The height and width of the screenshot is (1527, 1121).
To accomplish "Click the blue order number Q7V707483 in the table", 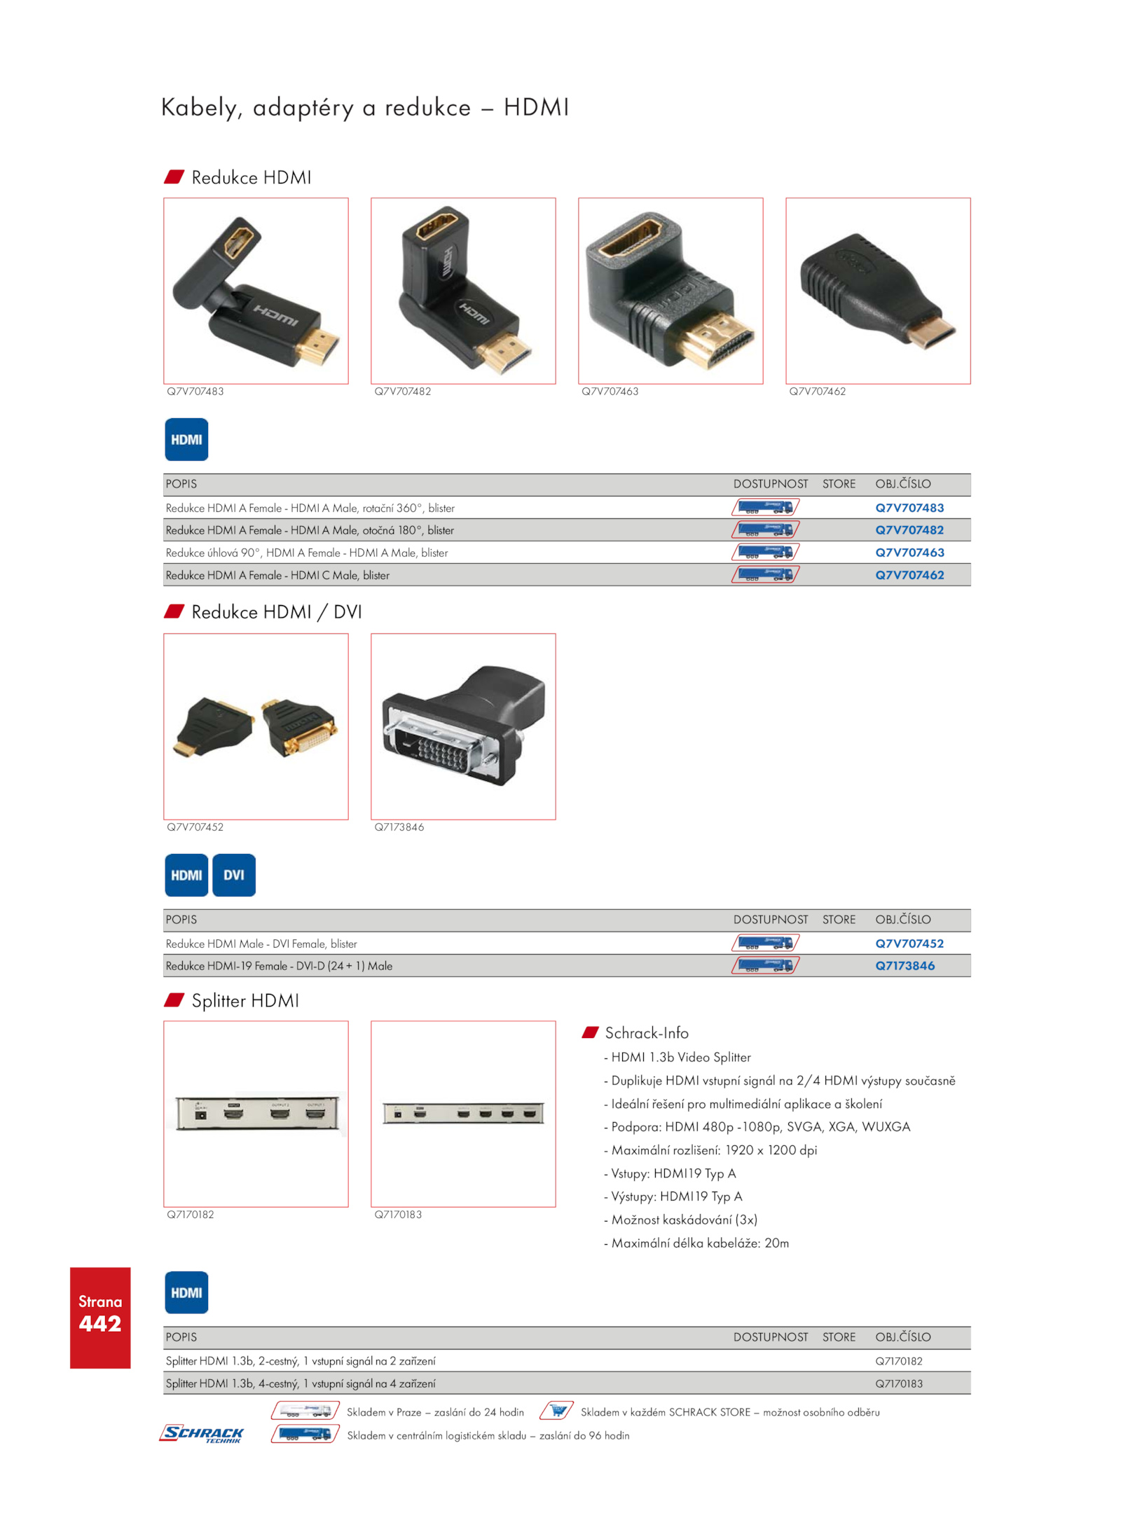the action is (x=909, y=508).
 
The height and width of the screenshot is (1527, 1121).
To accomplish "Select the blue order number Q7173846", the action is (x=905, y=966).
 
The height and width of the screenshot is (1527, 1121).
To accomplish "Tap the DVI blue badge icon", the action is (x=234, y=875).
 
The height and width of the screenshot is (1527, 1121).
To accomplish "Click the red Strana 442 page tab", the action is (x=100, y=1318).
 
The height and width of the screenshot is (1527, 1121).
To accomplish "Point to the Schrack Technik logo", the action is (x=202, y=1434).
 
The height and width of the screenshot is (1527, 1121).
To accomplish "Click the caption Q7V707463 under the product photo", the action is (x=610, y=392).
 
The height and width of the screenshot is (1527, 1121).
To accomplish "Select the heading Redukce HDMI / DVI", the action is (x=277, y=612).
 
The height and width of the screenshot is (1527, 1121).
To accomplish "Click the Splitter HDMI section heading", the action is (x=245, y=1000).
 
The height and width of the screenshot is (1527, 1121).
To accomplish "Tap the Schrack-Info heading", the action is (x=647, y=1033).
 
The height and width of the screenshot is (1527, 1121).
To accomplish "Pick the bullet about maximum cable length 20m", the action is (x=696, y=1243).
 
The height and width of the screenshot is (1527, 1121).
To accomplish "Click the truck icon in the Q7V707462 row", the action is (x=765, y=575).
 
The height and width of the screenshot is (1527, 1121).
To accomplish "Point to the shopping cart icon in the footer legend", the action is (x=557, y=1411).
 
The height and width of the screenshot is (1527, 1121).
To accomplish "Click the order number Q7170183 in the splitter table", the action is (x=899, y=1383).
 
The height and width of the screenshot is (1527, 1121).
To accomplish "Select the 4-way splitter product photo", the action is (x=463, y=1113).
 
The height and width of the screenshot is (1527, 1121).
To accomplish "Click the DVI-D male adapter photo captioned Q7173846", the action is (x=463, y=726).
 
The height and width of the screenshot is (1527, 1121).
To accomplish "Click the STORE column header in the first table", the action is (x=839, y=484).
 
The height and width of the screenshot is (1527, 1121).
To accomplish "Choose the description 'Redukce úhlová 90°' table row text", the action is (x=307, y=553).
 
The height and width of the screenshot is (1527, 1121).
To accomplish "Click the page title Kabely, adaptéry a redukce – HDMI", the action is (x=365, y=108).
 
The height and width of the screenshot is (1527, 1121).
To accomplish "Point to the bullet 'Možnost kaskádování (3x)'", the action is (x=680, y=1219).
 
